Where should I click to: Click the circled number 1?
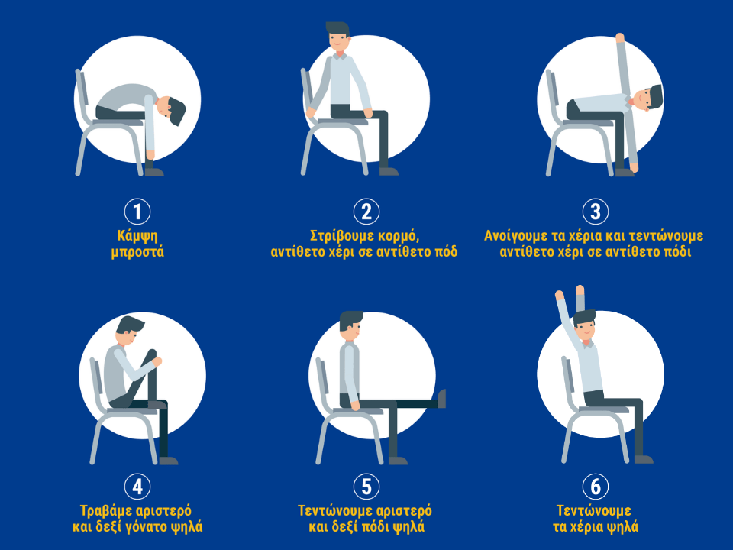click(137, 212)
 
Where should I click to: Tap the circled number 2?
click(366, 212)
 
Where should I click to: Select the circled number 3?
click(595, 212)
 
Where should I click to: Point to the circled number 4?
click(137, 487)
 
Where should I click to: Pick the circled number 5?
click(366, 487)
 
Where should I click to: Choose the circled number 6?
click(595, 487)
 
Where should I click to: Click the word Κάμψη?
click(137, 236)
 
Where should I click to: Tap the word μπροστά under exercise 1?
click(137, 253)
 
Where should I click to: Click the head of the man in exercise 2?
click(338, 37)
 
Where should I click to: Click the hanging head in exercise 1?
click(171, 110)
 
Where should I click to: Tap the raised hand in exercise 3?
click(620, 37)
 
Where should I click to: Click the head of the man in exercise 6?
click(585, 325)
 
